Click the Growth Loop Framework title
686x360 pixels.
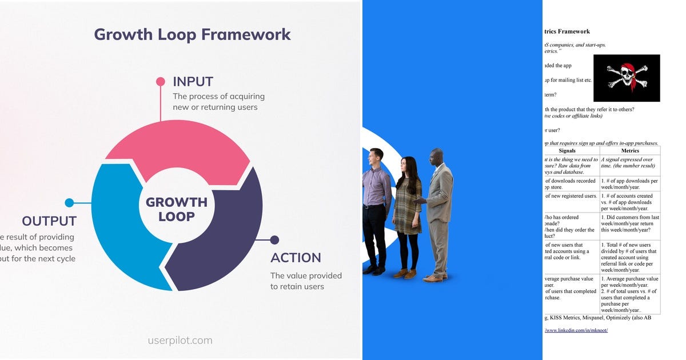pos(192,34)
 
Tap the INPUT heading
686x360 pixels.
pos(193,82)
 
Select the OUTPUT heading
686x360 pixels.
pos(49,221)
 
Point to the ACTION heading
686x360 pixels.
pos(296,258)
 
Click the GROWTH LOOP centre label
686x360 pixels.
pos(177,209)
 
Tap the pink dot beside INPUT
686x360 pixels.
pos(161,82)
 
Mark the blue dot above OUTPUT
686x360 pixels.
pos(69,202)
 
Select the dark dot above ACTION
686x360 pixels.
pos(274,240)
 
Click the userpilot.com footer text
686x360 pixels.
pos(180,341)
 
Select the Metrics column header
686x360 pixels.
pos(630,150)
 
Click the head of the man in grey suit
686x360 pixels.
pos(437,157)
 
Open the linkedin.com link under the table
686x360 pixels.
pos(576,330)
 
